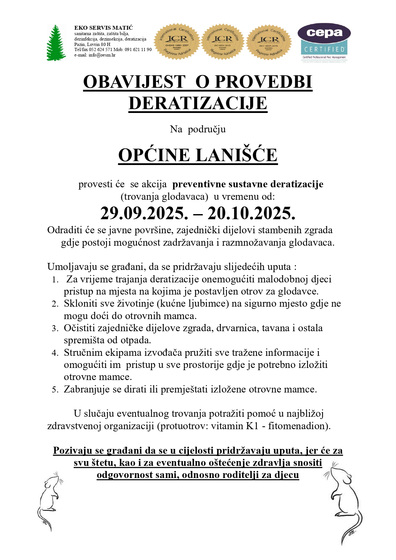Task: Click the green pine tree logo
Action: click(x=56, y=42)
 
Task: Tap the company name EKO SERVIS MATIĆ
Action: click(x=103, y=28)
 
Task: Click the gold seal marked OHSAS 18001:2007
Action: click(x=177, y=41)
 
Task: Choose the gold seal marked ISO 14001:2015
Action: click(x=269, y=41)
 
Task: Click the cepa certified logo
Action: click(x=324, y=42)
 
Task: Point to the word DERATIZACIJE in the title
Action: click(x=198, y=103)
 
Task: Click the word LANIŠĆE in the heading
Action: click(x=236, y=155)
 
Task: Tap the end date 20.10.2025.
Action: click(x=251, y=213)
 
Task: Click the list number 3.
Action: click(x=55, y=329)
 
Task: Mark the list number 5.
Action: click(x=55, y=390)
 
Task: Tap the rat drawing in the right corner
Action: click(x=346, y=501)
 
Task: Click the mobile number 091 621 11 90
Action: click(x=138, y=50)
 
